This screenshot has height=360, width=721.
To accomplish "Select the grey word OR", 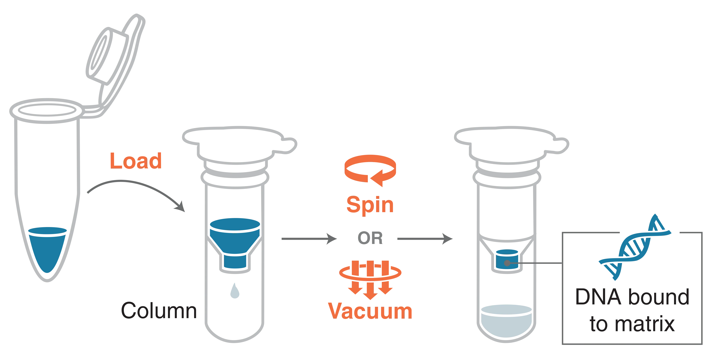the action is coord(370,238).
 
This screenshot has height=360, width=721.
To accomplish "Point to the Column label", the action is coord(159,310).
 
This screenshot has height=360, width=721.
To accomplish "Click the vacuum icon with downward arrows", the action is coord(370,280).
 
